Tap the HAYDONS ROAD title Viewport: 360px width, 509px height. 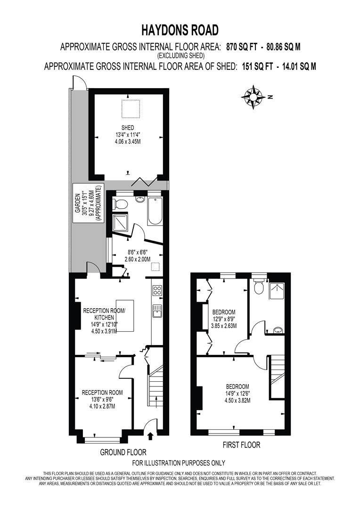tap(180, 31)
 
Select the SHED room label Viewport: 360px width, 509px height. tap(127, 128)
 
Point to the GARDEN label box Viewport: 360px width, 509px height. tap(89, 205)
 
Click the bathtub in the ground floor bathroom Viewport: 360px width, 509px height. tap(154, 211)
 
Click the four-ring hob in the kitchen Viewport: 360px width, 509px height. tap(157, 290)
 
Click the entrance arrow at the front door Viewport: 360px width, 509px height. tap(150, 435)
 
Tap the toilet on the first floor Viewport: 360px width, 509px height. tap(258, 286)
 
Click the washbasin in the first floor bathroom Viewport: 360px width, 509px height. tap(278, 330)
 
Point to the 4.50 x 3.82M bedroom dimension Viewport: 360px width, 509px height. tap(237, 401)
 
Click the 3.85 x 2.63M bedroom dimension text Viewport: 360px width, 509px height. tap(223, 326)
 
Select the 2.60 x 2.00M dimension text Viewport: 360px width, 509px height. tap(137, 259)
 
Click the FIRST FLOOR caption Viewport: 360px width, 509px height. tap(241, 444)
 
